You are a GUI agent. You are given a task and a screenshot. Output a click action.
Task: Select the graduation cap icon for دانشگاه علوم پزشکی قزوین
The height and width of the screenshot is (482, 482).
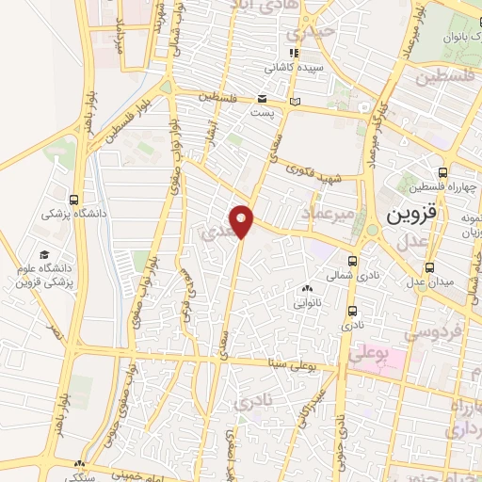[x=44, y=254]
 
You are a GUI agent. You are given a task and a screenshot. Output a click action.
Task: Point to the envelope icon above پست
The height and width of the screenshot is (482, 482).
[x=263, y=99]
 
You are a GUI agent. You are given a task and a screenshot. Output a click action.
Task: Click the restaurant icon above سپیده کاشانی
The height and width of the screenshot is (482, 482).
[x=294, y=54]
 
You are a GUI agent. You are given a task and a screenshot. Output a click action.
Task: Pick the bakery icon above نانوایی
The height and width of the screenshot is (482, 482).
[x=307, y=289]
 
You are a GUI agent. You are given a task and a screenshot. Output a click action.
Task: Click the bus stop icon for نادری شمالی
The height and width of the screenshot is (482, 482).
[x=352, y=261]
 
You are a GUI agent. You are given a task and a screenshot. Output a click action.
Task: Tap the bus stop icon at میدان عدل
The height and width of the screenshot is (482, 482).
[x=430, y=266]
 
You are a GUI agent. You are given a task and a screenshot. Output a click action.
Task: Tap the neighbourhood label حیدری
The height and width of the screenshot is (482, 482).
[x=312, y=31]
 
